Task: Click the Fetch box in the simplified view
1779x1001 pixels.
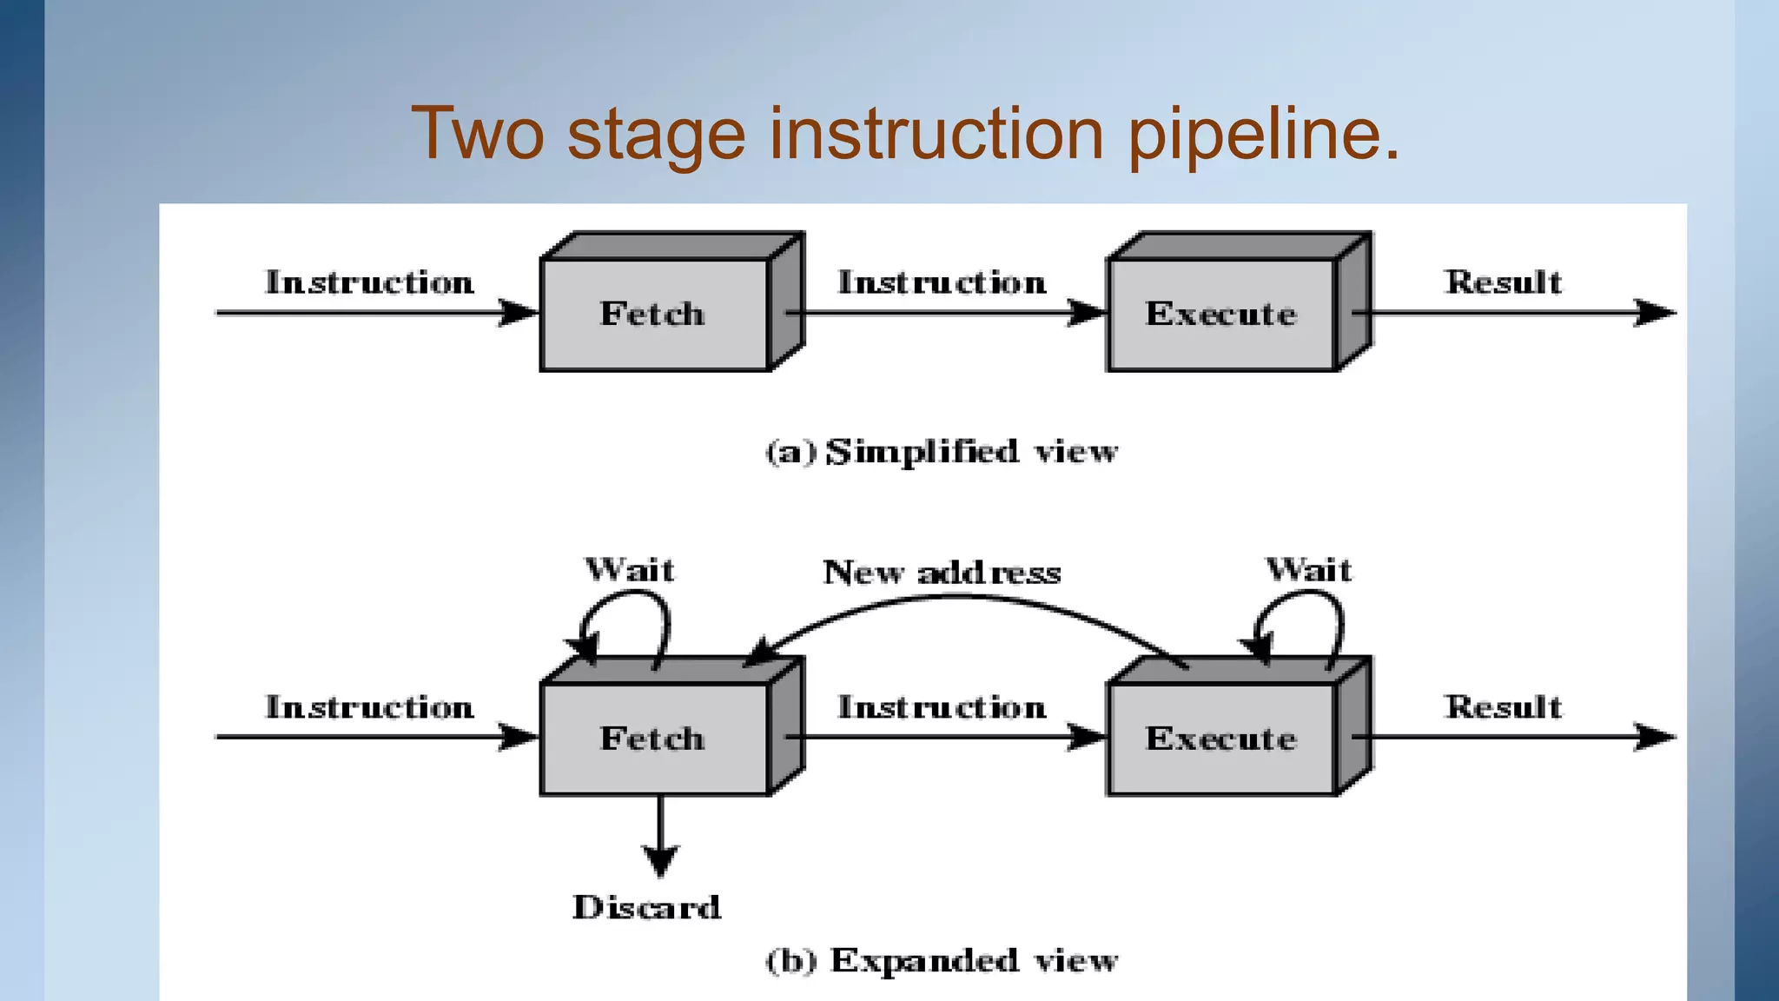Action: [x=653, y=314]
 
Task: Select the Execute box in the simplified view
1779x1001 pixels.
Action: [x=1220, y=314]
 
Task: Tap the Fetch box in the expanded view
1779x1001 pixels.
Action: [x=653, y=739]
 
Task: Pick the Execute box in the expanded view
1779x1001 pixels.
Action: [x=1220, y=739]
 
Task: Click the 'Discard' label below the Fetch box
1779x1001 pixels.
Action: [x=646, y=907]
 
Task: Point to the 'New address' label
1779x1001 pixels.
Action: [x=942, y=573]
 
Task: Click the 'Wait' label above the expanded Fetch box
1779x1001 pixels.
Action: [x=630, y=570]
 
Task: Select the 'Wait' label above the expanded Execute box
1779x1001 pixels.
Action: [x=1308, y=570]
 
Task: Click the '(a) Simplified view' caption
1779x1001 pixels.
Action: [x=942, y=452]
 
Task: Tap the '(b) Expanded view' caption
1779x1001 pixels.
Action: [x=942, y=961]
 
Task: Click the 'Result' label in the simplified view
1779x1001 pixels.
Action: [x=1503, y=282]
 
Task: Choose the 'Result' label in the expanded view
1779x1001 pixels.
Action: [x=1503, y=707]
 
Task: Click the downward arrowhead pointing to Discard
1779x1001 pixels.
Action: [x=660, y=860]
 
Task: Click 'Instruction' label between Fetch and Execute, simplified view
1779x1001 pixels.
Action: [x=942, y=282]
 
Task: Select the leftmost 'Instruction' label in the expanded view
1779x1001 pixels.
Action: [x=369, y=707]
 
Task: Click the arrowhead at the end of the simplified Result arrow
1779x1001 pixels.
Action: [x=1654, y=313]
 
